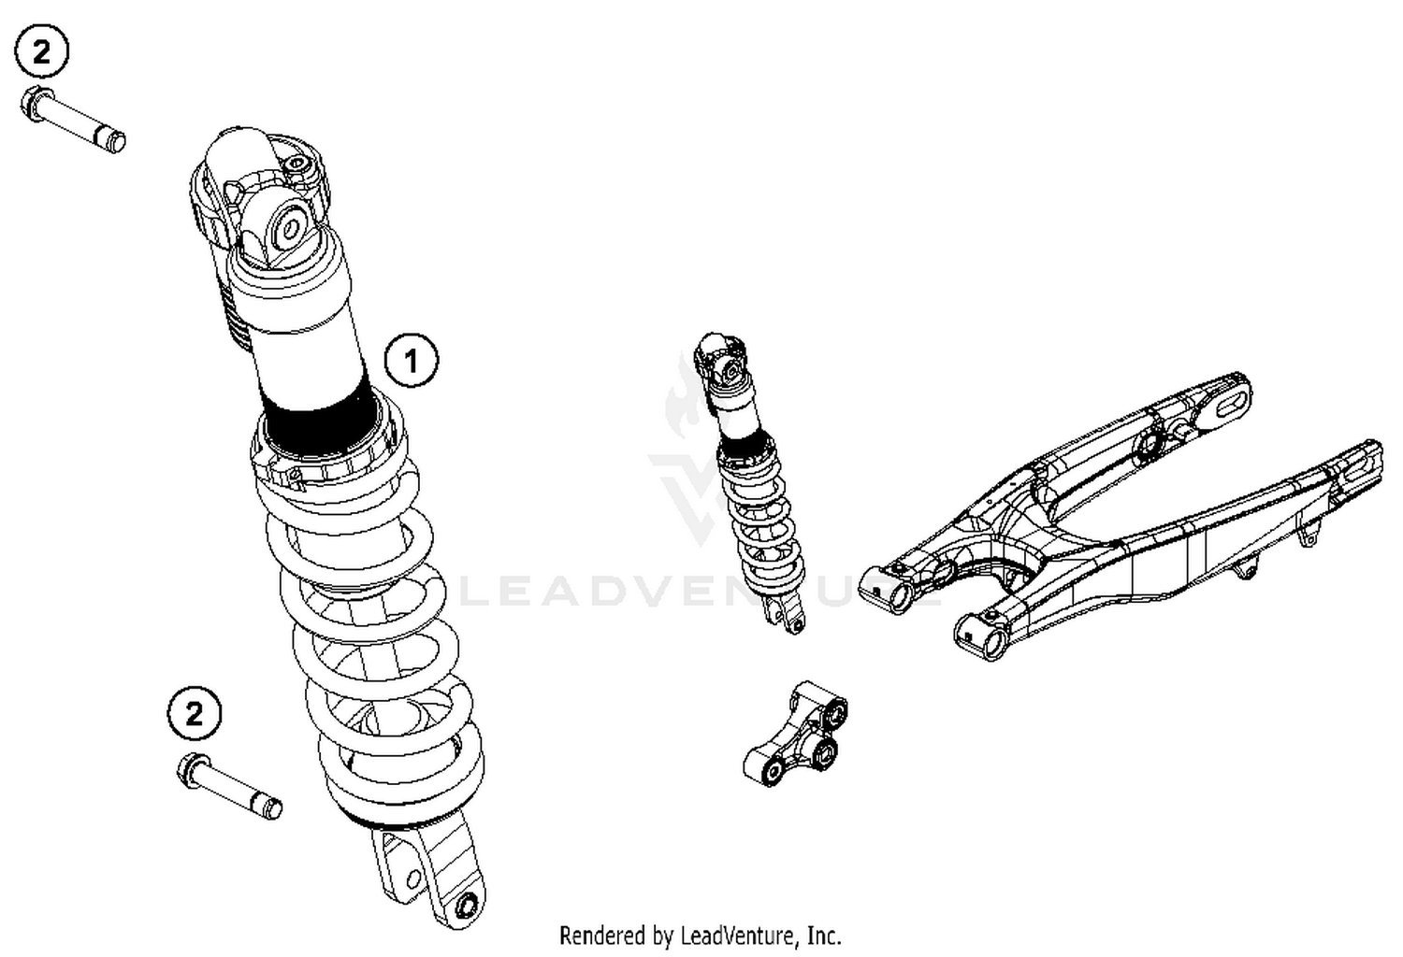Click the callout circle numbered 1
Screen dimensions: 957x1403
point(412,359)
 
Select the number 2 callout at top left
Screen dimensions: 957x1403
point(41,53)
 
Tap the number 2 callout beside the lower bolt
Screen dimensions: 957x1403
point(195,715)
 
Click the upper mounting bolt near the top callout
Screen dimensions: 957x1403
point(75,120)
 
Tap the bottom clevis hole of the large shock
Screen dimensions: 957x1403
point(465,905)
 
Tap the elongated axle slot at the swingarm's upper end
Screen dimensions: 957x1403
point(1225,403)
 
